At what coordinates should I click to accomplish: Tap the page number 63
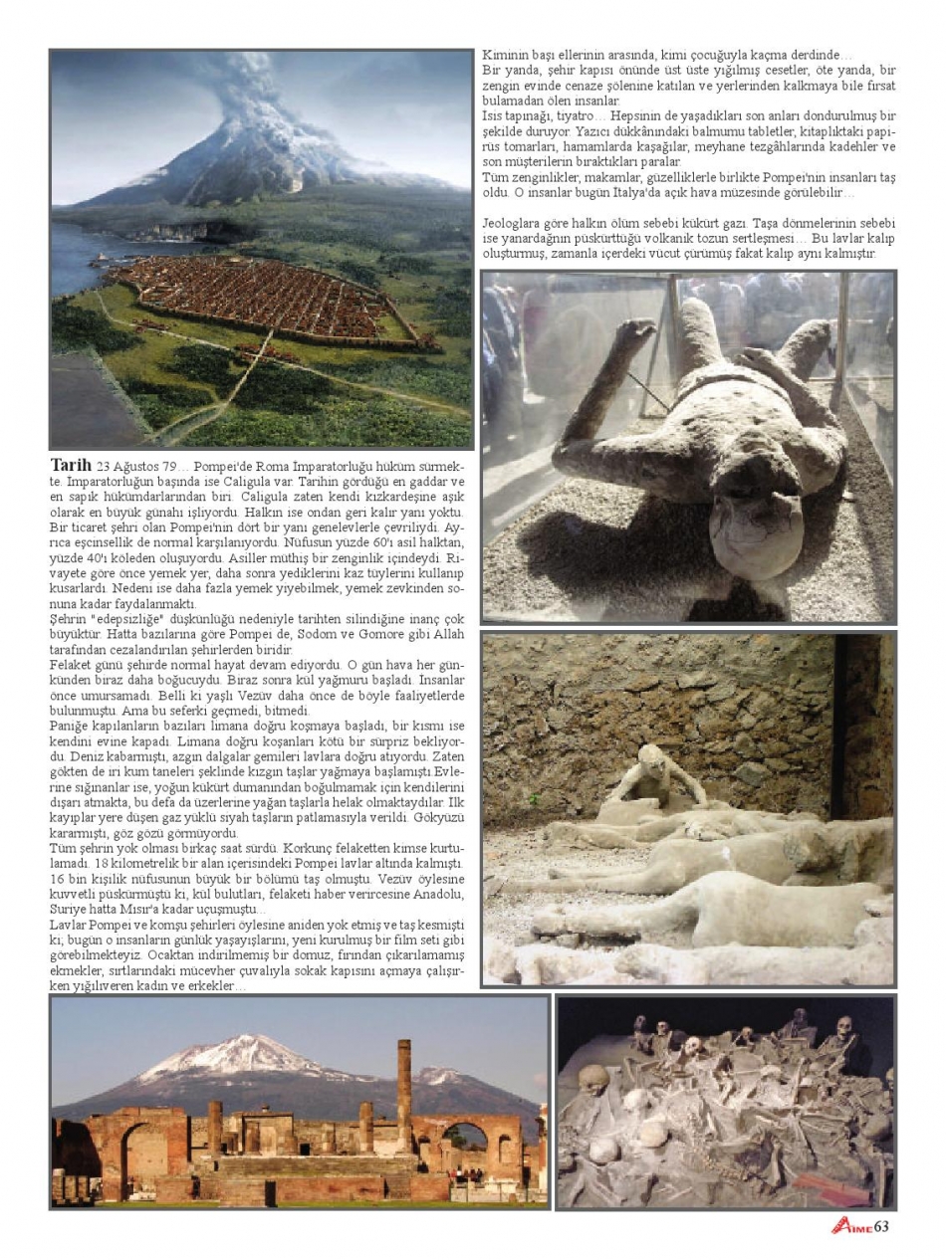880,1226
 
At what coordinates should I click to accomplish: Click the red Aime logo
852,1226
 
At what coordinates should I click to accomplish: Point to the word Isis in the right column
494,115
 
